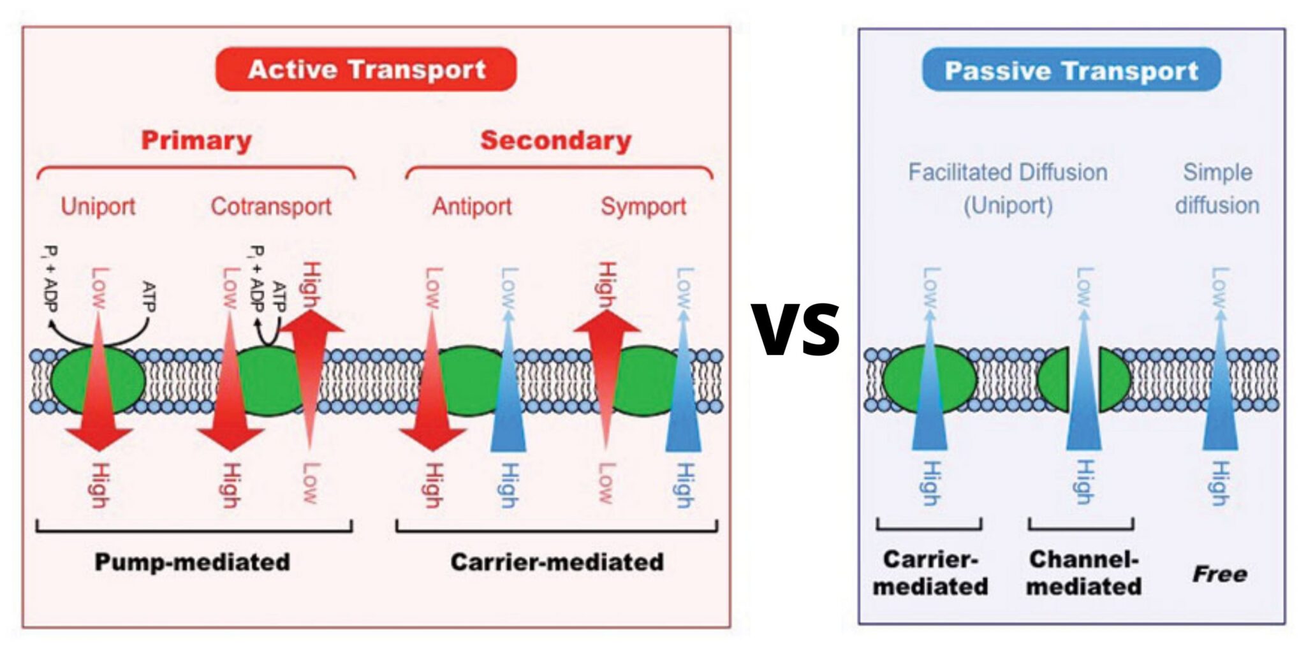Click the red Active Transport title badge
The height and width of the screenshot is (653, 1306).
(366, 70)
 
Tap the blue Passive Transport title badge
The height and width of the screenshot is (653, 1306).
(1071, 70)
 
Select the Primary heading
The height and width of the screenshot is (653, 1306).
(196, 140)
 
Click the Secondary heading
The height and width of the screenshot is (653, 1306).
(555, 140)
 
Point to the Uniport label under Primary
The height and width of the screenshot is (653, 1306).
(98, 206)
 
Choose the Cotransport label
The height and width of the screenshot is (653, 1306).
(271, 206)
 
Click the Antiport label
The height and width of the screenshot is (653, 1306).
(472, 206)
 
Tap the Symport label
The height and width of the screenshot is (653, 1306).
(643, 206)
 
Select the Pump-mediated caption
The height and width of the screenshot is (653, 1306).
(192, 562)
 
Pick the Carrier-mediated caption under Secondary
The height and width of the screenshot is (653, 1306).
(557, 562)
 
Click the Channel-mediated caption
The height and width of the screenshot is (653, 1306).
(1083, 572)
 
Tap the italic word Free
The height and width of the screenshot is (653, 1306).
(1219, 574)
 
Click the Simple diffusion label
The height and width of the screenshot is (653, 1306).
(1217, 188)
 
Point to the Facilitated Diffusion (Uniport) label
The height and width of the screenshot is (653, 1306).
(1008, 188)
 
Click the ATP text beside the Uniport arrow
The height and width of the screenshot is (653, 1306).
(149, 297)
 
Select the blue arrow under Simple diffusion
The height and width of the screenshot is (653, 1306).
(1220, 395)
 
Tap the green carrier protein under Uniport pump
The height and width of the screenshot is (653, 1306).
(70, 381)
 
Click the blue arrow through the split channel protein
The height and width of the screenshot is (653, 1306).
(1083, 395)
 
